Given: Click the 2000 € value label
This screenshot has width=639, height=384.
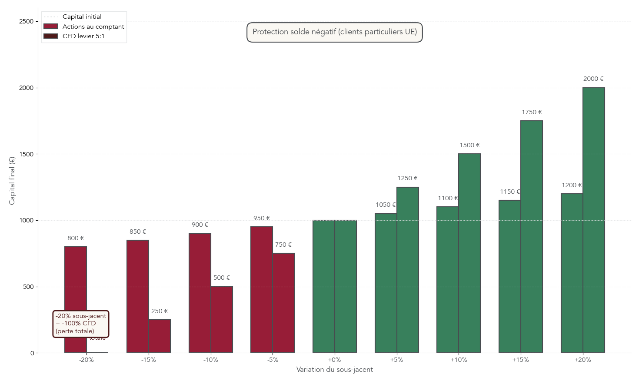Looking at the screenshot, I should click(593, 79).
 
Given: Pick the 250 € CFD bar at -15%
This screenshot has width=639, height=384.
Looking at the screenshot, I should click(160, 336).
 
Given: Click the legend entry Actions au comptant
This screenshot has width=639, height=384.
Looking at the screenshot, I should click(93, 26).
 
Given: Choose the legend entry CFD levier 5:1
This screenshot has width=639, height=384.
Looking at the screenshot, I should click(83, 36).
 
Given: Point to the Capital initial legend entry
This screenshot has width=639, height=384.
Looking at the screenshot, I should click(82, 17).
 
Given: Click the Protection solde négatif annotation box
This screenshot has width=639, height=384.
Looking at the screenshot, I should click(334, 32).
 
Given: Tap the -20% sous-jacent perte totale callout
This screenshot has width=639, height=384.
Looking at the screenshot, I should click(80, 324).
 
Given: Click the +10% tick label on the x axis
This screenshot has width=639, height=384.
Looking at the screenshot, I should click(459, 360).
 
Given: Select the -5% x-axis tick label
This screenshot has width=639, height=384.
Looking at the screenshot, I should click(273, 360).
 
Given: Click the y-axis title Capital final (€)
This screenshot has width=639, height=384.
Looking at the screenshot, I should click(12, 181).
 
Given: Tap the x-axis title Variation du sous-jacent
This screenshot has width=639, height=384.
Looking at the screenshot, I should click(334, 370).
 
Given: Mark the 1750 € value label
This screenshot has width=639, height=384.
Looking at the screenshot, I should click(532, 112).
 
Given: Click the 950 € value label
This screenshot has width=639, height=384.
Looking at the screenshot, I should click(262, 218).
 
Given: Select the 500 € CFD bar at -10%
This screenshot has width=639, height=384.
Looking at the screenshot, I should click(222, 320).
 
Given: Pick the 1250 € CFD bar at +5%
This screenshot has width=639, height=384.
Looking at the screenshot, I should click(407, 270).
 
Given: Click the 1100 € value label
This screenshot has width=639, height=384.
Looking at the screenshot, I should click(448, 198).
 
